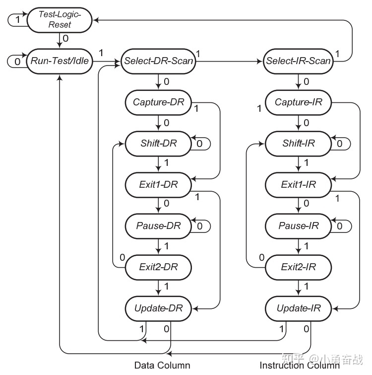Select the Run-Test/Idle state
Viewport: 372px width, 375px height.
[x=59, y=61]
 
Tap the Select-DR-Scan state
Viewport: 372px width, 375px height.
[x=158, y=61]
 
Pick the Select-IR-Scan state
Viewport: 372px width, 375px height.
[x=298, y=61]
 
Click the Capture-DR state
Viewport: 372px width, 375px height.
[x=158, y=103]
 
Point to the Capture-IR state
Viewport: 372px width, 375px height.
[x=298, y=103]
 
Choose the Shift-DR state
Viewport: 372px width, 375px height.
[x=158, y=144]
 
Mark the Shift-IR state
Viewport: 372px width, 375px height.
[x=298, y=144]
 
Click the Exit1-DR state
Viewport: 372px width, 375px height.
[x=158, y=185]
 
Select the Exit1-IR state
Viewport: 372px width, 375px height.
[x=298, y=185]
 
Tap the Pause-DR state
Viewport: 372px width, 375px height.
[x=158, y=226]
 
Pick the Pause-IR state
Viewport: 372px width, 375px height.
[x=298, y=226]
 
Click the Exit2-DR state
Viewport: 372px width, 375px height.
[x=158, y=267]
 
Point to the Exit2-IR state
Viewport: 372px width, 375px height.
[x=298, y=267]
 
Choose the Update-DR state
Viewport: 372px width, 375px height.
[x=158, y=308]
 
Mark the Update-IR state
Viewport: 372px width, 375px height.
[x=298, y=308]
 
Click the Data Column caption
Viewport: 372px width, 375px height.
[x=162, y=366]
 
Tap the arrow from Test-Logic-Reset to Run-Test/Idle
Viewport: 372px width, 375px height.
[x=60, y=40]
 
